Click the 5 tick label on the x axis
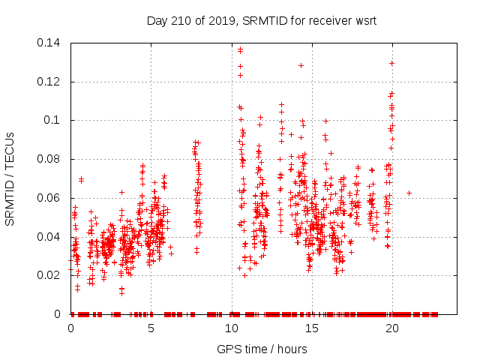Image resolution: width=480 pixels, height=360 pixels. [151, 328]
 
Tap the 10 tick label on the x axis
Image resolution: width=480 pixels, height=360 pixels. [232, 328]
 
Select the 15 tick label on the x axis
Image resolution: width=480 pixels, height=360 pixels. [312, 328]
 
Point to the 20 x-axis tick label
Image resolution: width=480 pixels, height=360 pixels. [392, 328]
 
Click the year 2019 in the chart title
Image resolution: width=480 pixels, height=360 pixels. [214, 19]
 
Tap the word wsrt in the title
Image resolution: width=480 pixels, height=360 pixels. [365, 19]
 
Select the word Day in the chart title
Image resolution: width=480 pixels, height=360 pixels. [157, 19]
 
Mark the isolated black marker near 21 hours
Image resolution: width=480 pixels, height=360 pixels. [409, 193]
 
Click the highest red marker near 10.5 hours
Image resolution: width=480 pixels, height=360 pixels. [240, 50]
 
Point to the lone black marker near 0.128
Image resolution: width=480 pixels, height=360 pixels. [301, 65]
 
